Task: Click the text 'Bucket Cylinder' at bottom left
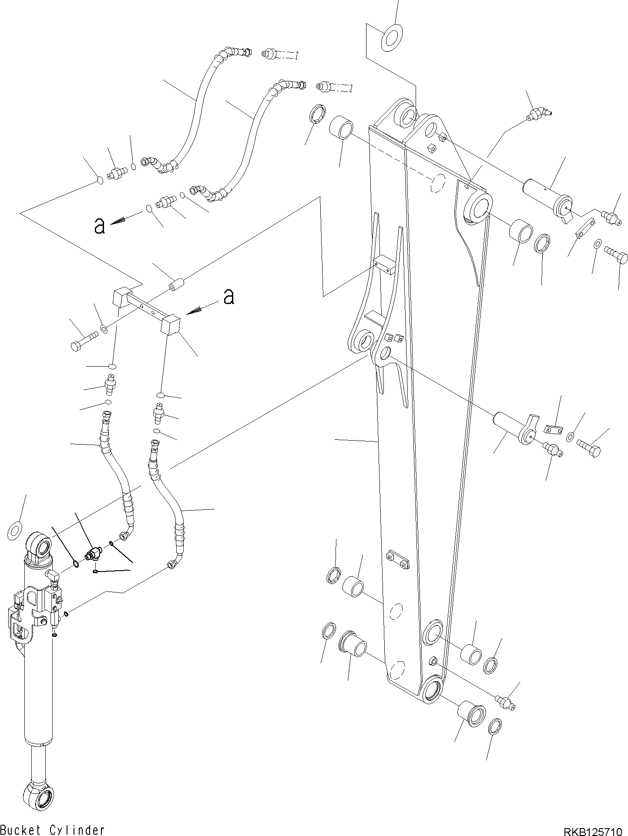(x=52, y=830)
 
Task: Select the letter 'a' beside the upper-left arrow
(x=100, y=226)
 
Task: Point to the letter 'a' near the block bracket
(x=228, y=297)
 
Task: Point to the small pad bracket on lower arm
(x=398, y=559)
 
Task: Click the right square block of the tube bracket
(x=171, y=325)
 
